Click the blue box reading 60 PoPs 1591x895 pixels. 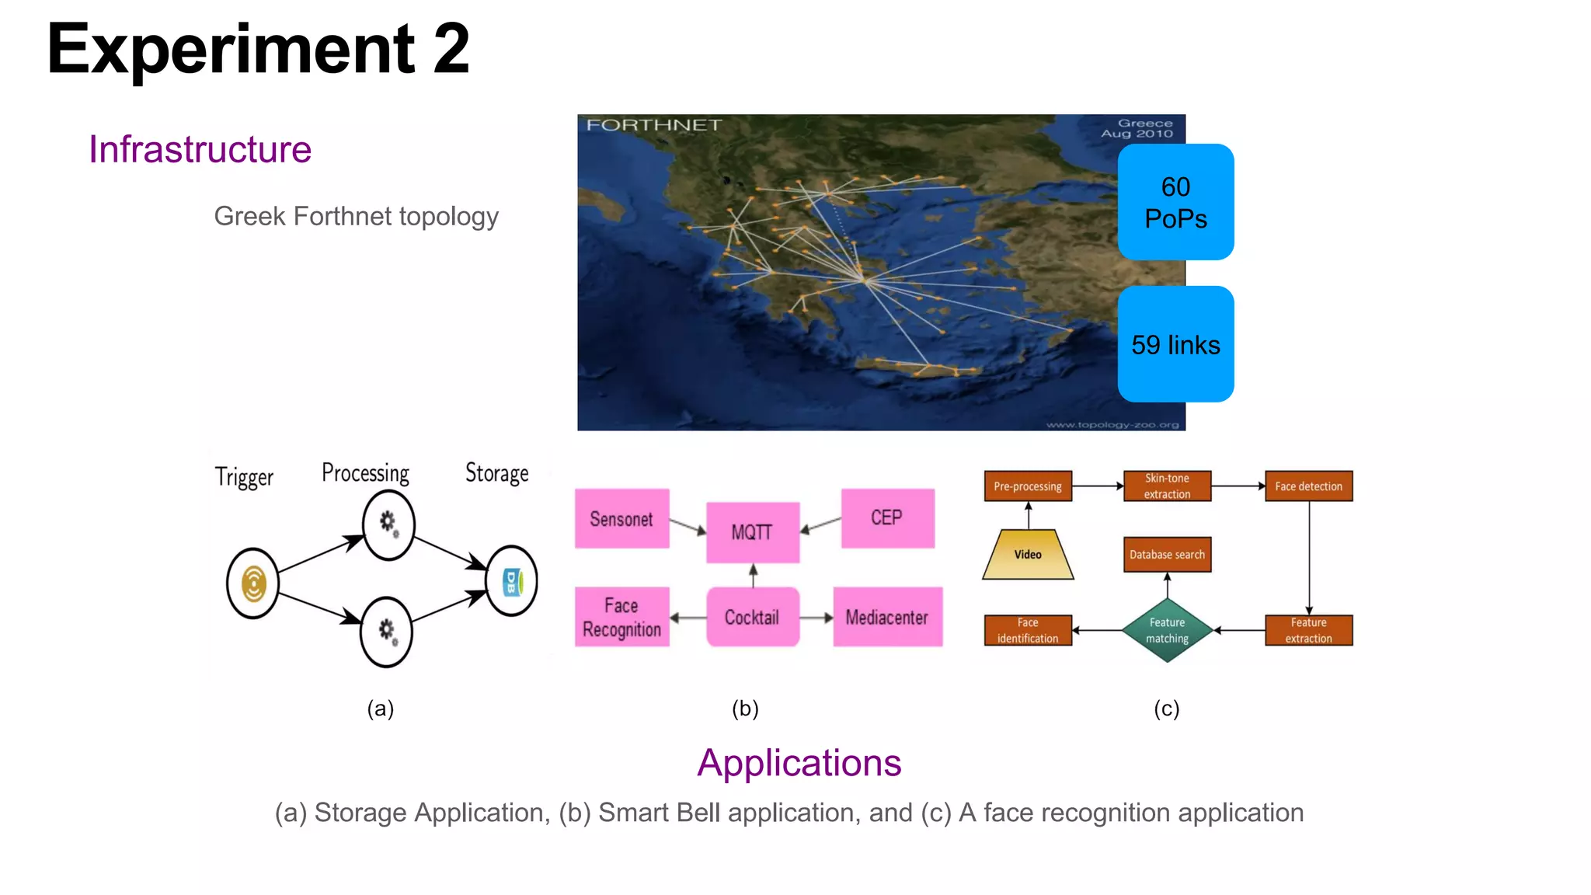click(x=1175, y=202)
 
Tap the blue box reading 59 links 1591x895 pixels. click(x=1175, y=344)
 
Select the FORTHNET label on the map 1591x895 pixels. click(x=653, y=125)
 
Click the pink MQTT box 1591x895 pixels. click(x=752, y=532)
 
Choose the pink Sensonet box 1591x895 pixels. click(x=621, y=518)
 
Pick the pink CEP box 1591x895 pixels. click(x=887, y=518)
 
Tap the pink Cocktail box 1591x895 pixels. click(x=752, y=617)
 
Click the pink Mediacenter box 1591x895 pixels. click(x=887, y=617)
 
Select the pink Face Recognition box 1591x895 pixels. click(x=621, y=617)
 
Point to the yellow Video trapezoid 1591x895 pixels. click(x=1028, y=555)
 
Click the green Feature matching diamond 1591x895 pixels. click(x=1167, y=630)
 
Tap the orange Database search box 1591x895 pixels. click(x=1167, y=555)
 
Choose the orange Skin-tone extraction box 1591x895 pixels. click(x=1167, y=486)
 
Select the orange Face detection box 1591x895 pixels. click(x=1308, y=486)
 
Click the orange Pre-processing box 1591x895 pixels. click(x=1028, y=486)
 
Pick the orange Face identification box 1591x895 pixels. click(x=1028, y=630)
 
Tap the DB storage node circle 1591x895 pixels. click(x=511, y=581)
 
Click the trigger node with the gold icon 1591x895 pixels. click(x=252, y=583)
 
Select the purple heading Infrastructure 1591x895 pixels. click(x=200, y=149)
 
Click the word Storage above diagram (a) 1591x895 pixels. click(x=496, y=473)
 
